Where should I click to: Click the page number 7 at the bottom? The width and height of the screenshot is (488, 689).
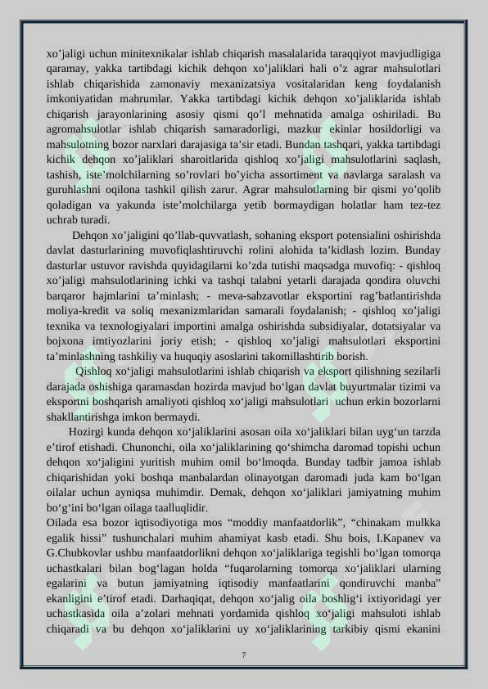click(x=243, y=653)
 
